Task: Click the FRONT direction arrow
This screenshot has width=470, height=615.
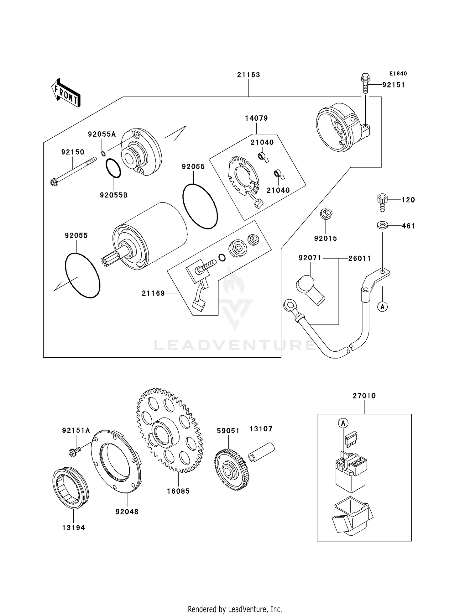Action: click(x=66, y=93)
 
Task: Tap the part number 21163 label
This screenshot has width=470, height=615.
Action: click(x=248, y=75)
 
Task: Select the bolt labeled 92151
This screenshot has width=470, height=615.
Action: click(x=365, y=83)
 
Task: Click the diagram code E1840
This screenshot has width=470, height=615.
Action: click(x=398, y=74)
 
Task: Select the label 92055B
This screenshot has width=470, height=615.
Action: click(x=114, y=195)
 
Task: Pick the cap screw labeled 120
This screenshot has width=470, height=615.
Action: click(x=382, y=202)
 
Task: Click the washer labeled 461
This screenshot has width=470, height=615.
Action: click(x=382, y=225)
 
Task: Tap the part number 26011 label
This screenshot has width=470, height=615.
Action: click(x=359, y=259)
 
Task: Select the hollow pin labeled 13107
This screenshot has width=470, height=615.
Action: click(x=261, y=452)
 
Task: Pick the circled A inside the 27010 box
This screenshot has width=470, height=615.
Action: click(x=343, y=423)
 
